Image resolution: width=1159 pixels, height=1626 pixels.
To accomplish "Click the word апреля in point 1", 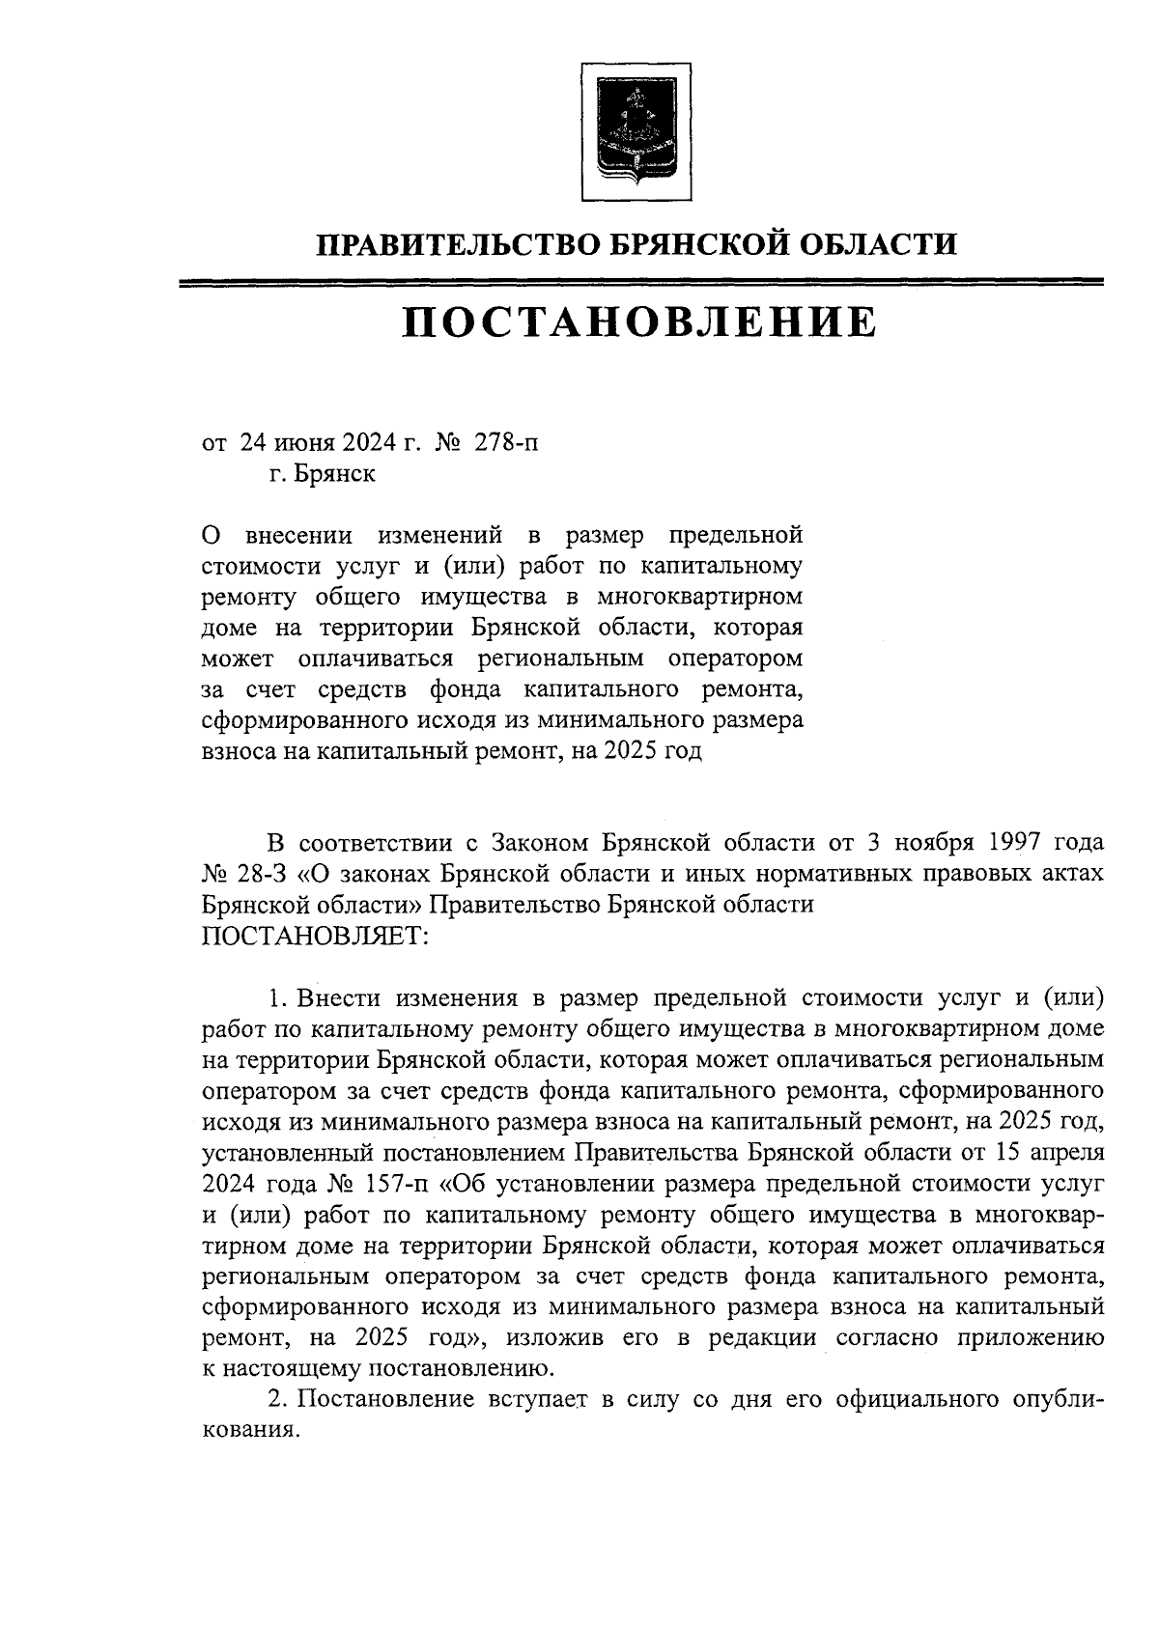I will [x=1064, y=1153].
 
